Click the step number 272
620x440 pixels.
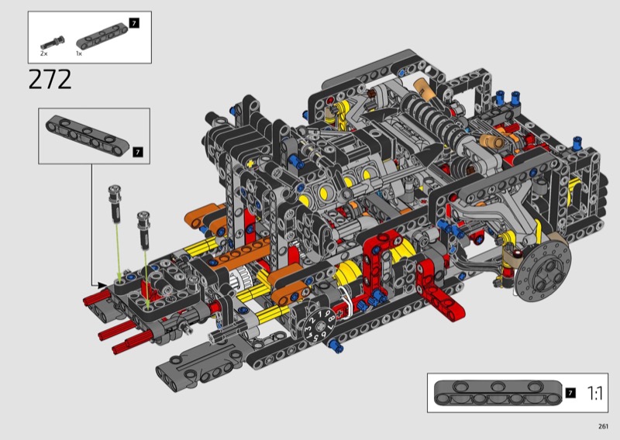(x=50, y=80)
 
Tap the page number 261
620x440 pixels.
(x=603, y=426)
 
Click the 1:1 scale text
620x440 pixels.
(x=594, y=394)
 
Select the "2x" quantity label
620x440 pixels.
(x=43, y=53)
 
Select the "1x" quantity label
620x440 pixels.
(x=79, y=53)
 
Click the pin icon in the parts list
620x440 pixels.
(x=52, y=43)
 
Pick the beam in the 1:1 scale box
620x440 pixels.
(x=498, y=393)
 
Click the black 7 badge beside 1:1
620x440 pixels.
(x=570, y=393)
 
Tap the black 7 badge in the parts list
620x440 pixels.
(x=134, y=23)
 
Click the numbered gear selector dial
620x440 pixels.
(x=319, y=325)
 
